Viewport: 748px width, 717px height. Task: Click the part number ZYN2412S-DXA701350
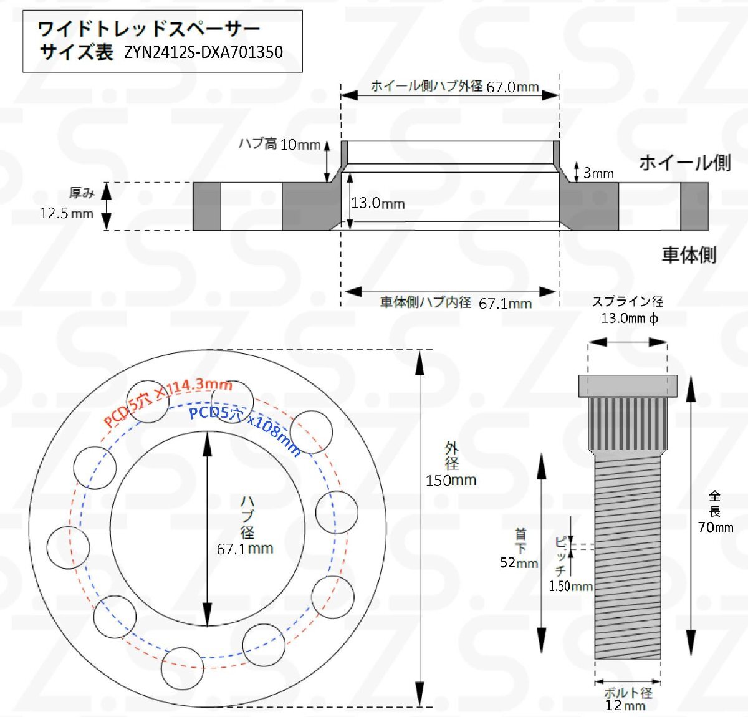coord(204,52)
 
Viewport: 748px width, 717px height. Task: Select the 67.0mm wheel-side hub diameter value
coord(512,87)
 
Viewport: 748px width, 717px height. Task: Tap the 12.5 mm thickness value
coord(67,213)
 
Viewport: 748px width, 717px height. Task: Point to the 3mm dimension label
coord(598,173)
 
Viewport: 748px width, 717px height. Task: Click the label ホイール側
coord(685,163)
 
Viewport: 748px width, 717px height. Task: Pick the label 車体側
coord(689,254)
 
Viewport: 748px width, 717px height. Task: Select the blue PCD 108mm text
coord(244,430)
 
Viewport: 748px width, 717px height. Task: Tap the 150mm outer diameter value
coord(451,480)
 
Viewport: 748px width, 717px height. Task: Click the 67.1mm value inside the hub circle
coord(245,549)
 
